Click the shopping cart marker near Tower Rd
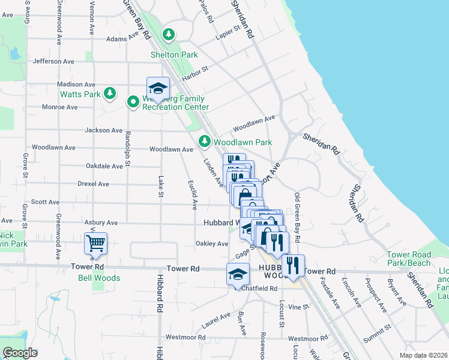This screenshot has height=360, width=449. (95, 244)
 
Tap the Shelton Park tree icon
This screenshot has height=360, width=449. (170, 34)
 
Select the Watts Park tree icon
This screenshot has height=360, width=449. (109, 93)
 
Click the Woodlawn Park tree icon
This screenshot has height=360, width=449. (205, 141)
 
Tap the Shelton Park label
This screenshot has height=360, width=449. (174, 55)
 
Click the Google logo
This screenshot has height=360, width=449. (20, 353)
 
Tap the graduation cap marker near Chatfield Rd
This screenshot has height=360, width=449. (238, 274)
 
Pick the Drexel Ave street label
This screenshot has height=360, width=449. (94, 184)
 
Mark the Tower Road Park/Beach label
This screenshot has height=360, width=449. (426, 259)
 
